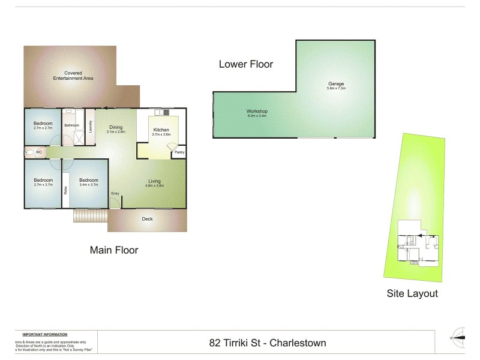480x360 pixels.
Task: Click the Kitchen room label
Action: click(x=161, y=130)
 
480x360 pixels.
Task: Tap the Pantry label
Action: click(x=179, y=152)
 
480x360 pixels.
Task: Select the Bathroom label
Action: click(x=72, y=125)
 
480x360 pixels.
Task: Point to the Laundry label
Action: click(x=90, y=127)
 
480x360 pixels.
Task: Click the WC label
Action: click(x=38, y=152)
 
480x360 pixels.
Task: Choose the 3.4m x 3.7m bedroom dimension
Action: click(x=89, y=185)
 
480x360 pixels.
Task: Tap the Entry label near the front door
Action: click(x=115, y=193)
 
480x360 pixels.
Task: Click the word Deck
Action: click(x=147, y=219)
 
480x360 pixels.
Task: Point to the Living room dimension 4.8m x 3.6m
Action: click(x=154, y=185)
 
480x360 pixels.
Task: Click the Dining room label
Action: click(x=116, y=127)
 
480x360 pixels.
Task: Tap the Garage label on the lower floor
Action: click(x=336, y=83)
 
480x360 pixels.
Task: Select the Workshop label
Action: click(x=257, y=112)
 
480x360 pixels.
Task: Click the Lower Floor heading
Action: click(x=245, y=64)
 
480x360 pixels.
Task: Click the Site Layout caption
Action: click(x=412, y=293)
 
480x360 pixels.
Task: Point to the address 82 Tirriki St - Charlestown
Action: click(x=268, y=343)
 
